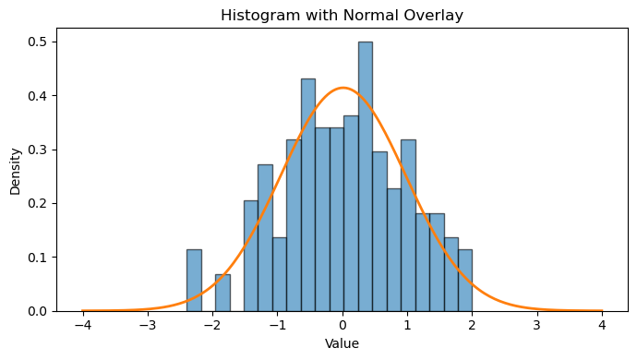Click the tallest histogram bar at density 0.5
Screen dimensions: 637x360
pos(366,176)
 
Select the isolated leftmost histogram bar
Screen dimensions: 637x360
pos(194,281)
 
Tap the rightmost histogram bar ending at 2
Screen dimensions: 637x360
pos(465,281)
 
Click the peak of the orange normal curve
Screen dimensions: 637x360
pos(343,88)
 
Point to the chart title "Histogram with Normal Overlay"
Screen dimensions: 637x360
pos(343,15)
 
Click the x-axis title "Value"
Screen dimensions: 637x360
pos(343,343)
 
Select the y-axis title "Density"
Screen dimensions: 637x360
pos(15,172)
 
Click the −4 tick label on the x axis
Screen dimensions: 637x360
pos(83,326)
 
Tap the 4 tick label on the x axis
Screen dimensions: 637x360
pos(602,326)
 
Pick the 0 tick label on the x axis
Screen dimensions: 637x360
pos(343,326)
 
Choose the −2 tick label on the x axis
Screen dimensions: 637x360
pos(212,326)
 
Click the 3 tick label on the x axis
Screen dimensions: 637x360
pos(537,326)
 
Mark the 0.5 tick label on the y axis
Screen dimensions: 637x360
pos(37,42)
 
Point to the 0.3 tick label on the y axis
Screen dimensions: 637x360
pos(37,150)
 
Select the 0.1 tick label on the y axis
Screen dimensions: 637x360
pos(37,258)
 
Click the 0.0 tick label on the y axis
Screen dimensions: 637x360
pos(37,311)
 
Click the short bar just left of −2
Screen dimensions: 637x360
pos(222,293)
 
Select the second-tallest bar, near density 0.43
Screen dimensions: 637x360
pos(308,195)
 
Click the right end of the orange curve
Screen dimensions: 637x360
pos(602,311)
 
